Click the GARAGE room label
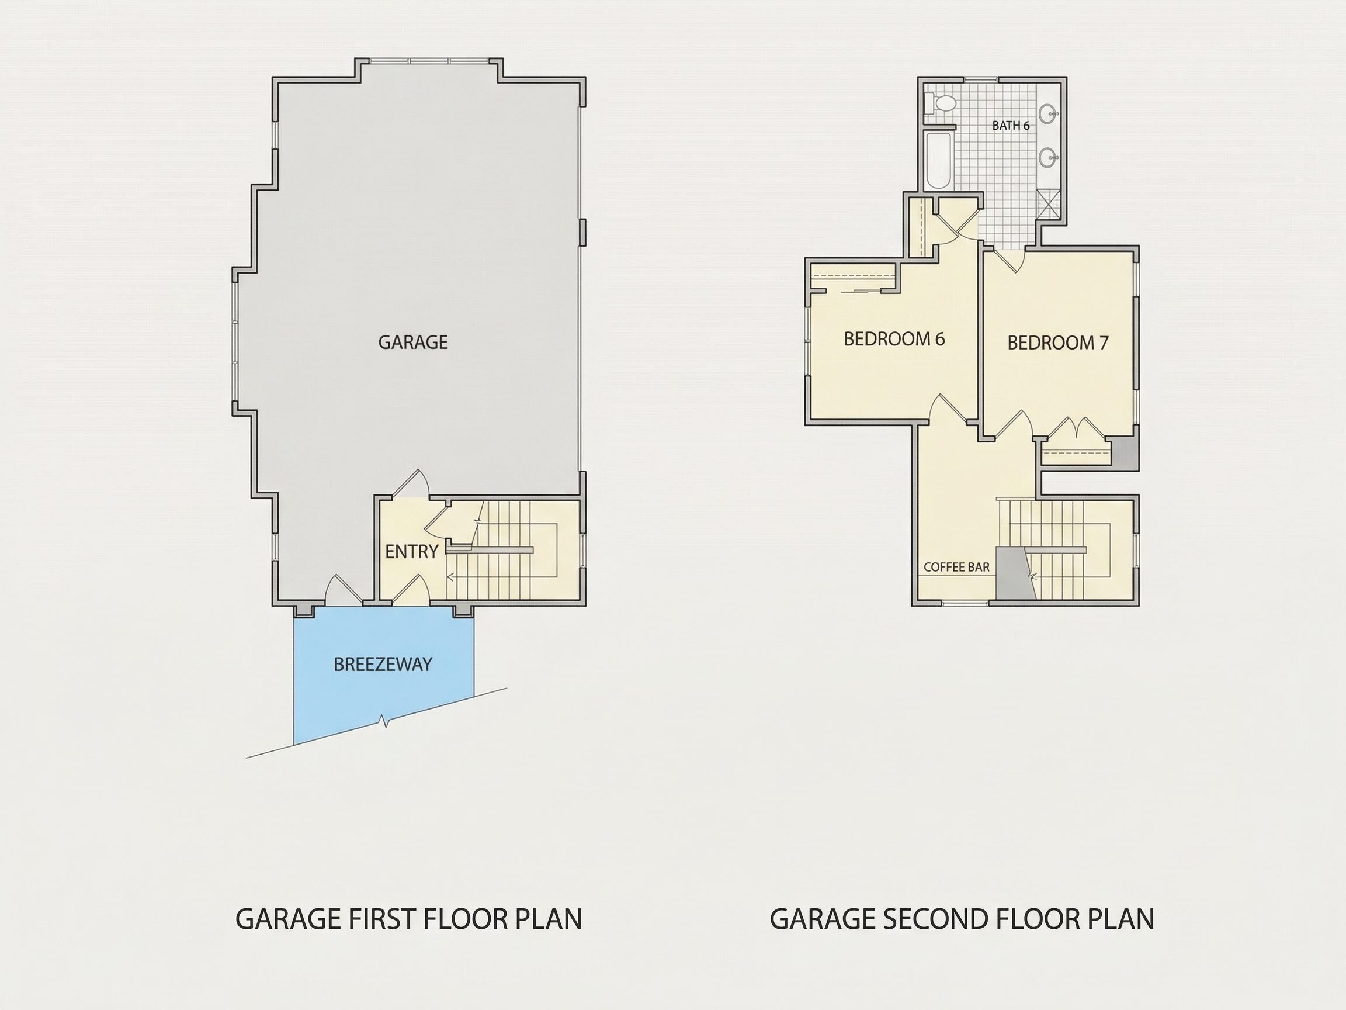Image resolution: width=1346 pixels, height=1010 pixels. point(413,342)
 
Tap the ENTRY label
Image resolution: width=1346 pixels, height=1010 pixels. point(412,552)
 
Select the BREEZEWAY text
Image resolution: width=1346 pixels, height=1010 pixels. point(383,664)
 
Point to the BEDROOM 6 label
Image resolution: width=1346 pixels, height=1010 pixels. point(894,339)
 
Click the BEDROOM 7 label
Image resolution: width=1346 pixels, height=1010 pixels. point(1057,343)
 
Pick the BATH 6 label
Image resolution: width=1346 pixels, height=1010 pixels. point(1011,126)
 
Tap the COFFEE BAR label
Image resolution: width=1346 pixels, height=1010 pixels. point(956,567)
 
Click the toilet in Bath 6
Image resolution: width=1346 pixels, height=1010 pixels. point(941,103)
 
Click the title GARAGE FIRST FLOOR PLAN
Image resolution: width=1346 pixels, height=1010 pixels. point(408,919)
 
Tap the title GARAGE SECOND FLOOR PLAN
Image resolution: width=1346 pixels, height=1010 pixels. point(962,919)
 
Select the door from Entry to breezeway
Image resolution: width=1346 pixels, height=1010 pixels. point(411,589)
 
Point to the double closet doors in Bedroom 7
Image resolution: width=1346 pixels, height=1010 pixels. point(1077,428)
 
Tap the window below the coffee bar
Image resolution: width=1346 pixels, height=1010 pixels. point(966,603)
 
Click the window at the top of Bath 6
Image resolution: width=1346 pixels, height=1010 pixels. point(981,79)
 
